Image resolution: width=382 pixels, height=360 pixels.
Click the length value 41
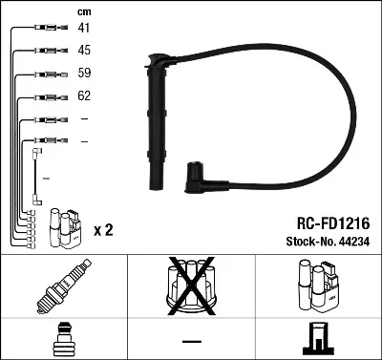84,28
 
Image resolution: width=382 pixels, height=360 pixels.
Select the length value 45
84,51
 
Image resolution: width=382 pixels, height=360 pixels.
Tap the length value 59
84,73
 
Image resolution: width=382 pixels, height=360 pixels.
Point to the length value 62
84,96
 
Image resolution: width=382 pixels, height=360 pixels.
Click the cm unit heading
83,11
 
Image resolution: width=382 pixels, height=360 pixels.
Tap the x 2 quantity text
104,231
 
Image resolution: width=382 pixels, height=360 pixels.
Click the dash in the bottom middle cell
191,341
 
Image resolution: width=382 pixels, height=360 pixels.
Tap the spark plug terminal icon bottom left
63,340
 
